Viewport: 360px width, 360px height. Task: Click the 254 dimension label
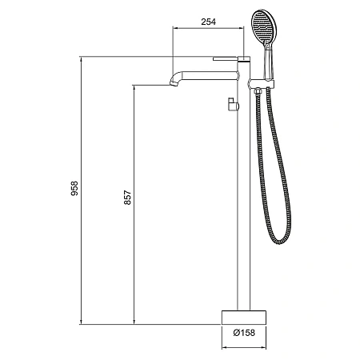coord(208,22)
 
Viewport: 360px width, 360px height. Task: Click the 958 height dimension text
coord(74,188)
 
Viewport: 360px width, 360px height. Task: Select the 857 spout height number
coord(127,198)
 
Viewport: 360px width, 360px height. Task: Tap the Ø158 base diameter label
coord(244,333)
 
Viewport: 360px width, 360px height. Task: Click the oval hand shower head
coord(265,26)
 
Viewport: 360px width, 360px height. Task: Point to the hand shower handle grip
coord(268,63)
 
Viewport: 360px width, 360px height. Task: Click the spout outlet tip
coord(174,84)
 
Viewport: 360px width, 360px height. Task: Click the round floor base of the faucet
coord(244,318)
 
